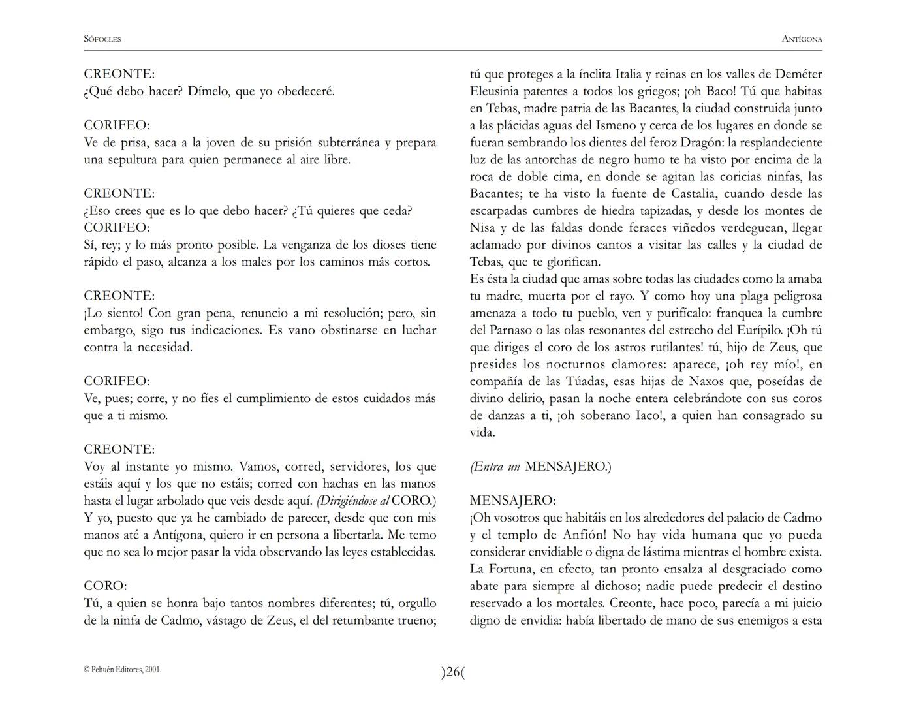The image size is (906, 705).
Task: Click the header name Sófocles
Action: pyautogui.click(x=102, y=39)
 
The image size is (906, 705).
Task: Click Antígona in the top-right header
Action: pyautogui.click(x=802, y=39)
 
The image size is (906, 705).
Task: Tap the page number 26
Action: pyautogui.click(x=454, y=672)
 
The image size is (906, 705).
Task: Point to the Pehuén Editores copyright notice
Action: pyautogui.click(x=123, y=670)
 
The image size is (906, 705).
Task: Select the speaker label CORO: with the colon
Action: pyautogui.click(x=106, y=586)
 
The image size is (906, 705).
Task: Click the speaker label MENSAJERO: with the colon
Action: pyautogui.click(x=512, y=501)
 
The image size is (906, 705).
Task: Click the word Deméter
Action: pyautogui.click(x=798, y=74)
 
